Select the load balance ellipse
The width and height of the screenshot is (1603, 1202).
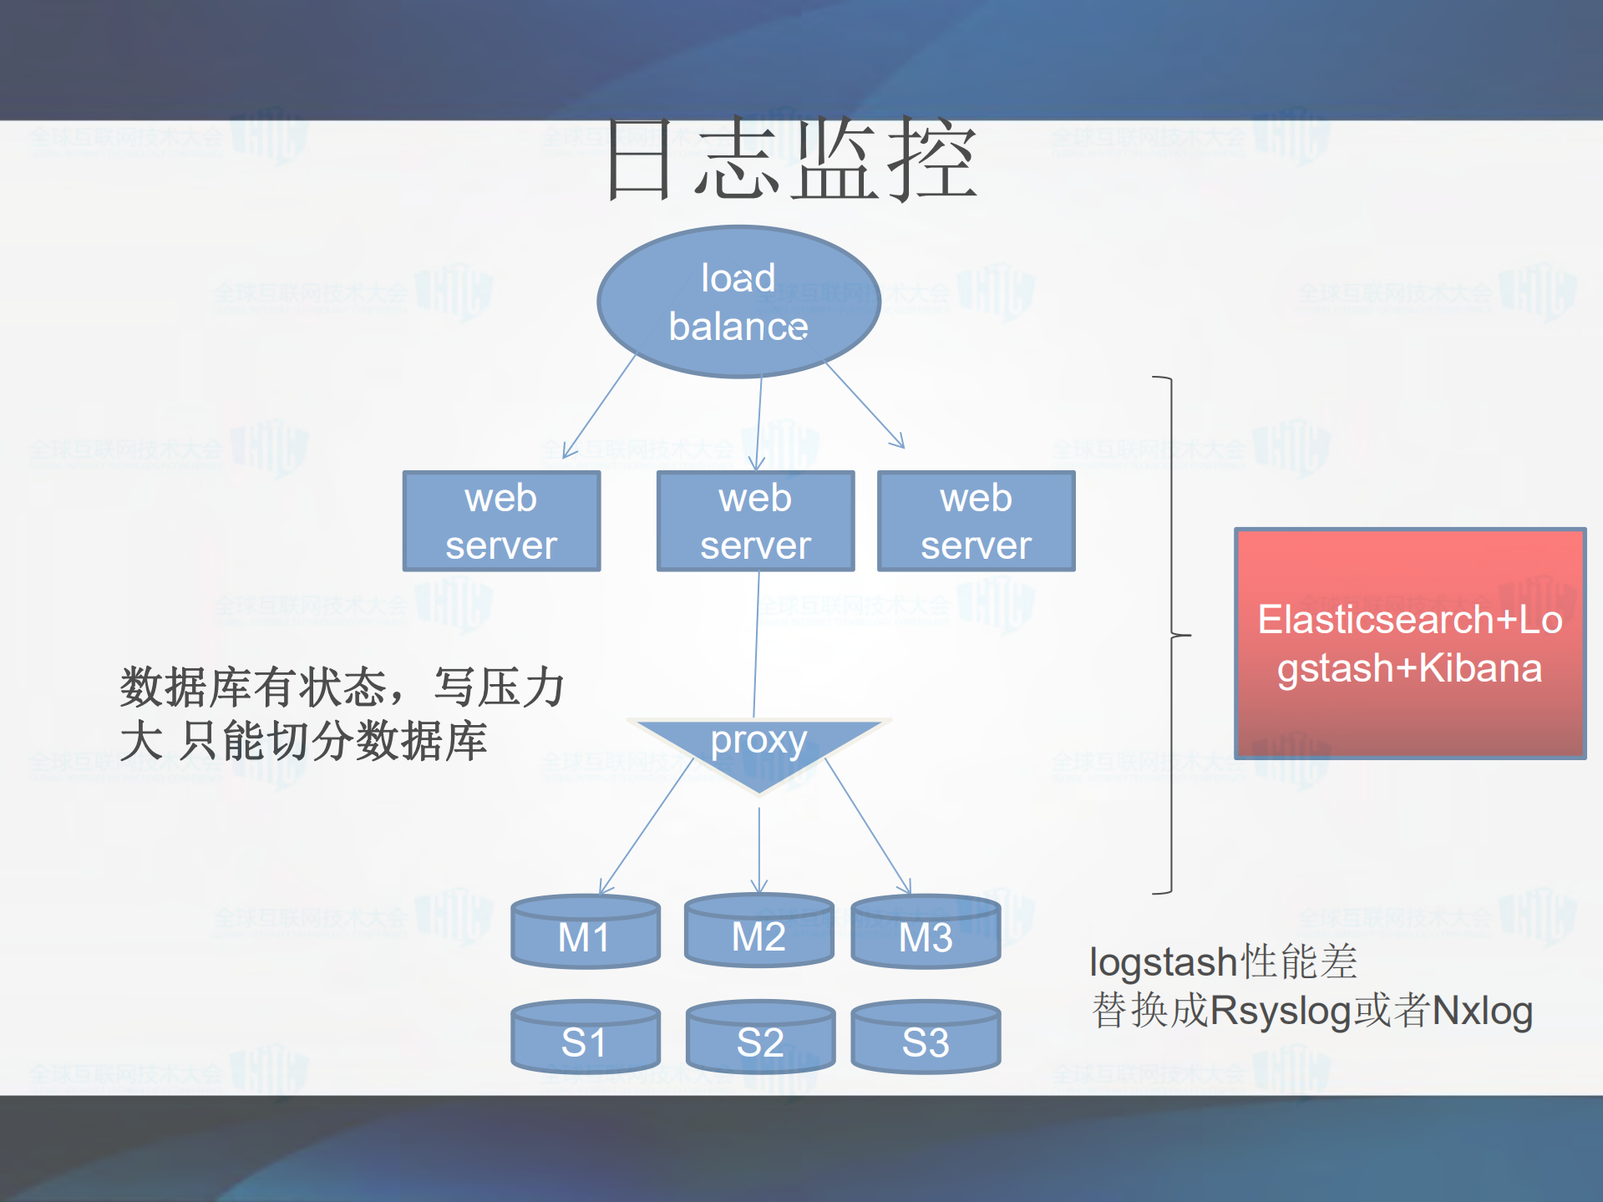738,302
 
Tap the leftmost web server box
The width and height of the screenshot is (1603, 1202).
501,521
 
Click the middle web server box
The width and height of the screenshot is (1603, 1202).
755,521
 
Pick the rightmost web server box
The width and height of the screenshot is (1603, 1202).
976,521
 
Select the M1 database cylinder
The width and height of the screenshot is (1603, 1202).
585,934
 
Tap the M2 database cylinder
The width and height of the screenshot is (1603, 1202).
758,934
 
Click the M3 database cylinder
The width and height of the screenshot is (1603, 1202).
926,934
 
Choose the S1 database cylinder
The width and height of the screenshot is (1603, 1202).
585,1039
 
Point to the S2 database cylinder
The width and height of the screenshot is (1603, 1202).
760,1039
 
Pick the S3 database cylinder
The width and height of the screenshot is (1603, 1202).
926,1039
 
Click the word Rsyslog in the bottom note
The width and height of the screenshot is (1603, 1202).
1281,1011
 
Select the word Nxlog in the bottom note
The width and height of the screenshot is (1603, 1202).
1482,1011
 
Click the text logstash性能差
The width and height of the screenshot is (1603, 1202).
1223,962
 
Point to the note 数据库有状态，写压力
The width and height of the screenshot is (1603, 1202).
342,688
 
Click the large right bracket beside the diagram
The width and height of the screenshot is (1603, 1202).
1171,635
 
